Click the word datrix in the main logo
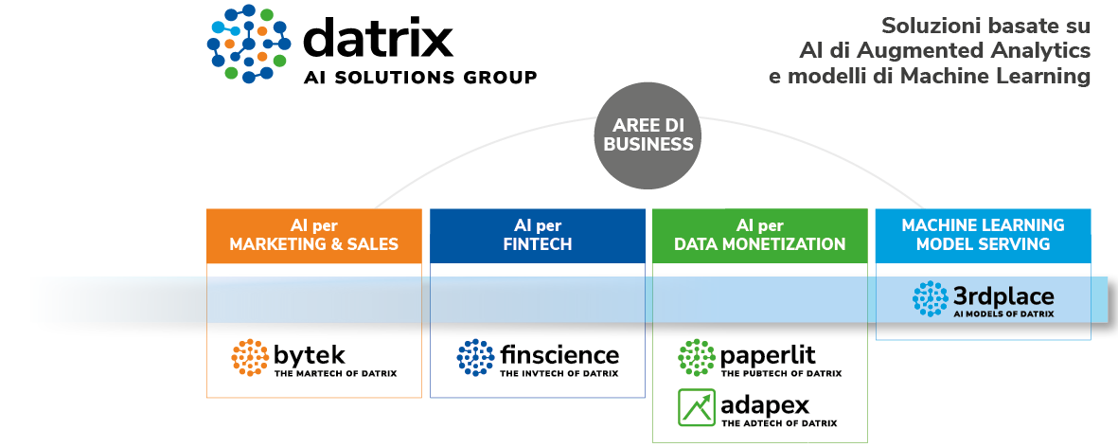coord(378,40)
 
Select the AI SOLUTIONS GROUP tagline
coord(419,78)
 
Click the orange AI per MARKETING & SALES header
coord(314,235)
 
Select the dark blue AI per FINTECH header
coord(537,235)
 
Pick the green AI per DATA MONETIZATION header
coord(759,235)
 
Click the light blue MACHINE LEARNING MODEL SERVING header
coord(983,235)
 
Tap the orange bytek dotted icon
coord(250,357)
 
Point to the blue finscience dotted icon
coord(475,357)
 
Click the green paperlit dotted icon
coord(697,357)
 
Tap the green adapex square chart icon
coord(697,407)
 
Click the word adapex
coord(765,405)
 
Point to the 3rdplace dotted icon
coord(930,298)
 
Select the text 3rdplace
coord(1003,295)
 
